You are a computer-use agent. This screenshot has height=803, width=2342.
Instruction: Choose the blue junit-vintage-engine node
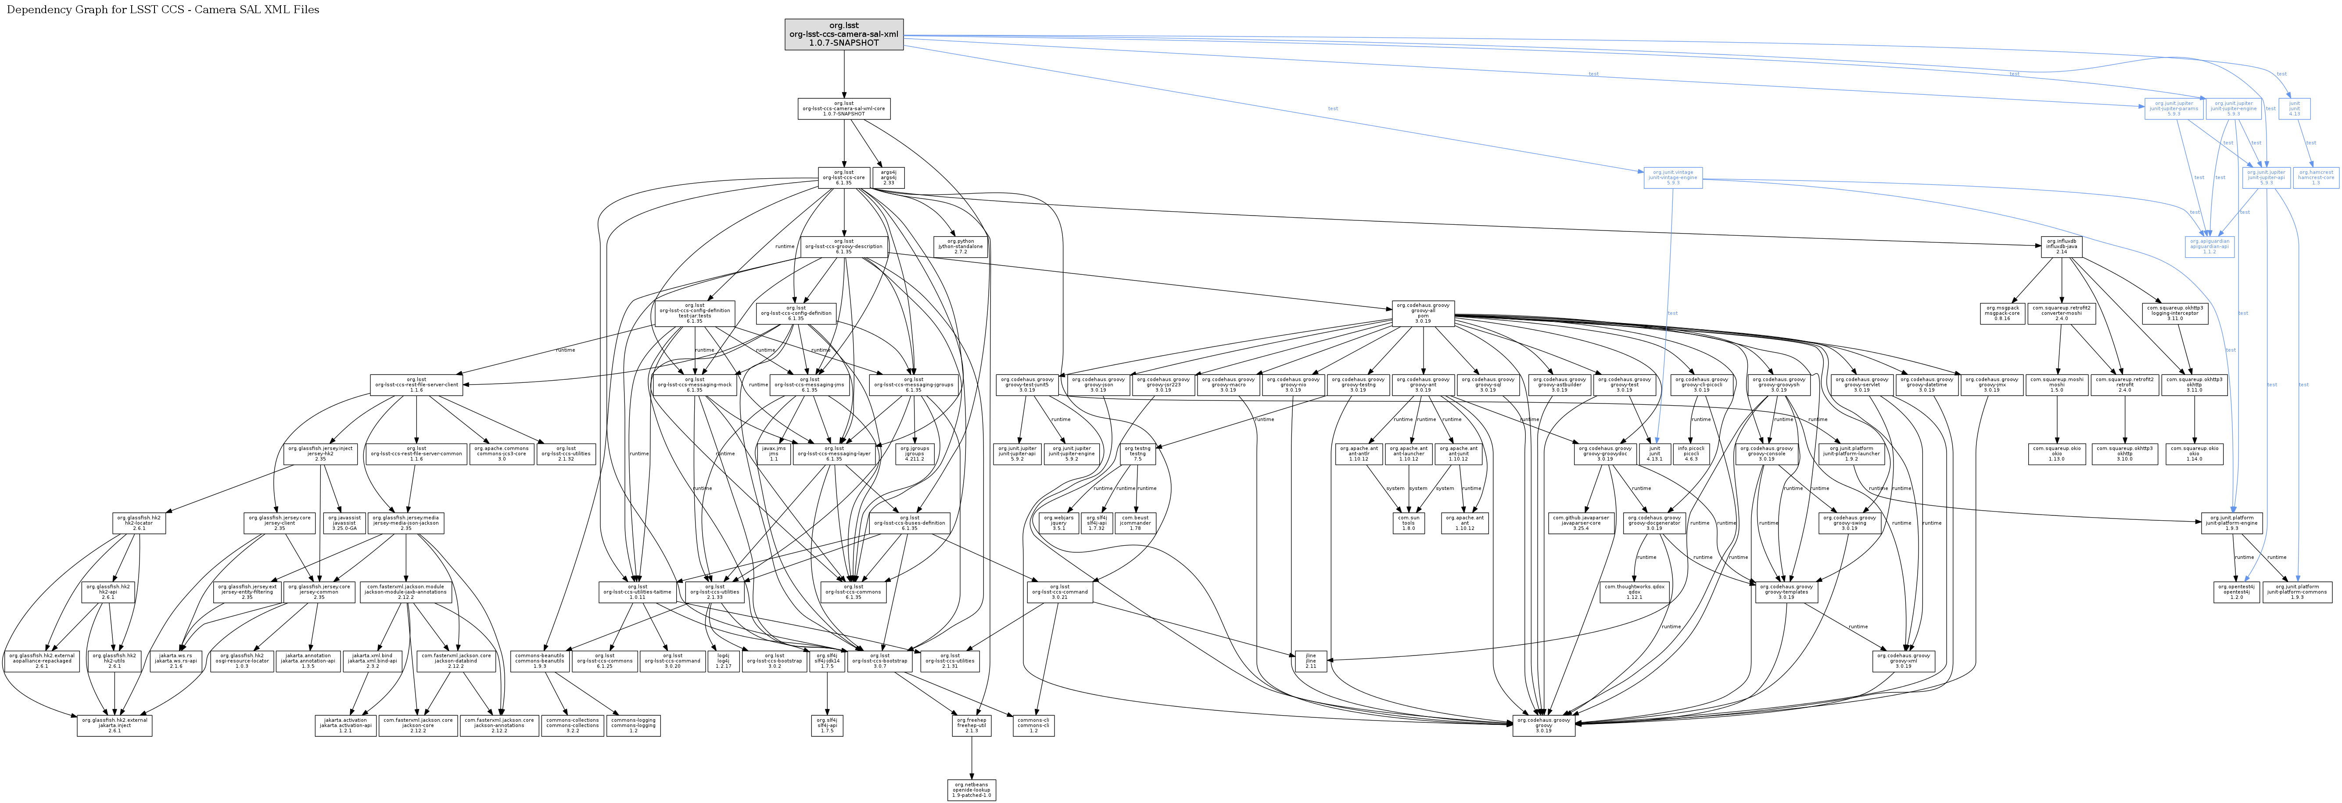pos(1673,177)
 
